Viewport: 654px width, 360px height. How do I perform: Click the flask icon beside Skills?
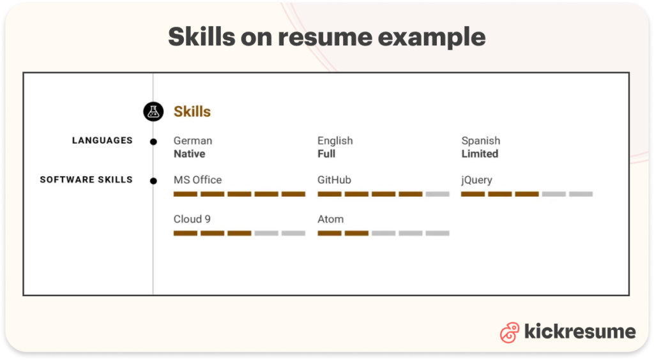pos(153,112)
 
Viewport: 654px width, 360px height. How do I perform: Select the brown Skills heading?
pos(192,112)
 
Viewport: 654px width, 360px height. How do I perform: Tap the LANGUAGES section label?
pos(102,140)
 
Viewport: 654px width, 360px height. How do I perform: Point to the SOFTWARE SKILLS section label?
pos(86,179)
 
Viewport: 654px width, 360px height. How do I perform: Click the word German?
pos(193,140)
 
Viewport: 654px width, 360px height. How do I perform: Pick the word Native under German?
pos(190,154)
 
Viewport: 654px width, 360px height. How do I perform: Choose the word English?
pos(335,140)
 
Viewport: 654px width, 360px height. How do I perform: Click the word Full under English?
pos(326,154)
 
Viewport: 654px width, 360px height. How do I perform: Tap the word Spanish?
pos(481,140)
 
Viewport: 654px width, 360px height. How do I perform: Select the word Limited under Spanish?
pos(480,154)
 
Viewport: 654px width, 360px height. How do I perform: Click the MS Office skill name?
pos(198,180)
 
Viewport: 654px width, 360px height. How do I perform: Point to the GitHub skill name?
pos(335,180)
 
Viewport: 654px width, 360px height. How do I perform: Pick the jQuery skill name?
pos(477,180)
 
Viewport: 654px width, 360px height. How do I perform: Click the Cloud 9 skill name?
pos(192,219)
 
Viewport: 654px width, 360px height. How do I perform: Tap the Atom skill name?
pos(331,219)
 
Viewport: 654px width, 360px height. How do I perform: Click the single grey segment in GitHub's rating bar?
pos(437,194)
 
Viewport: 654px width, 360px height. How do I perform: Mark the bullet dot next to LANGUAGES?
pos(153,142)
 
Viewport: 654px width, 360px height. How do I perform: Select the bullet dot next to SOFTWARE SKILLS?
pos(153,181)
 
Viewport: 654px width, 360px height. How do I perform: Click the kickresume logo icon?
pos(510,333)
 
